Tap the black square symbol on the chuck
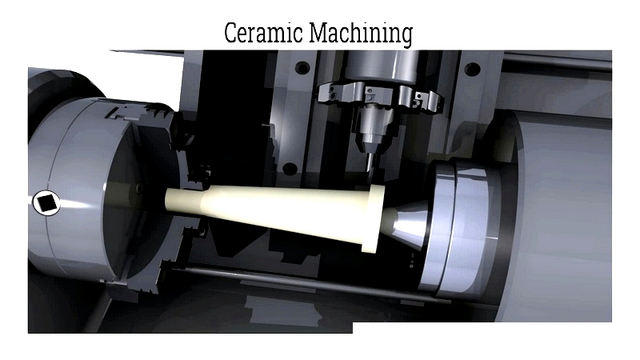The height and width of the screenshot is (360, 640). point(46,203)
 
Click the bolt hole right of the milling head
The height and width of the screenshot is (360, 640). point(473,69)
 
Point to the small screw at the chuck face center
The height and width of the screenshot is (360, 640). point(138,189)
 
